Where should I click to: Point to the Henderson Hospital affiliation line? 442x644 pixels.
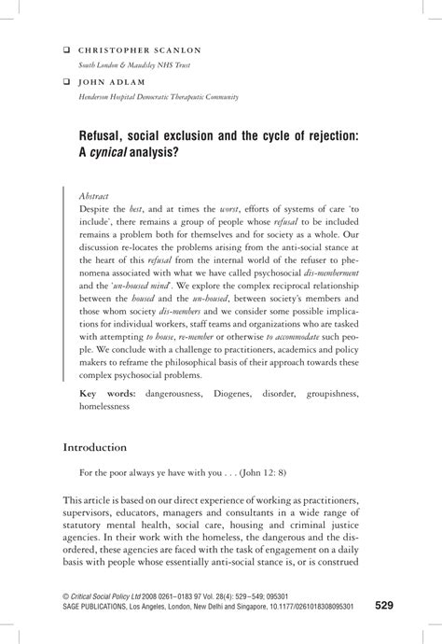tap(159, 96)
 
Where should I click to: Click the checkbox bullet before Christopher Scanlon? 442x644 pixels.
tap(66, 49)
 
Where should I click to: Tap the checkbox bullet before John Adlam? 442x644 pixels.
tap(66, 82)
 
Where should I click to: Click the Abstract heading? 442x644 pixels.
tap(95, 196)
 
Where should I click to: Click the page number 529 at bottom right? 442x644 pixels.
tap(384, 606)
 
